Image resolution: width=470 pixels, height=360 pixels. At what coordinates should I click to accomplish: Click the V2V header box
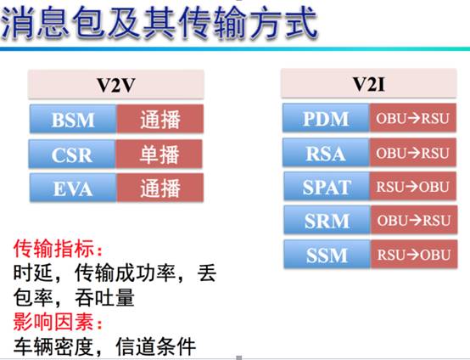[x=116, y=85]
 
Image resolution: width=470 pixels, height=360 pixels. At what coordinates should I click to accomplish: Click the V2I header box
[x=369, y=84]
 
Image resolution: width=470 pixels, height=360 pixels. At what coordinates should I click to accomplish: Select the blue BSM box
[x=73, y=119]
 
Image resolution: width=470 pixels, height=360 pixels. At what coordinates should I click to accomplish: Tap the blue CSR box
[x=72, y=154]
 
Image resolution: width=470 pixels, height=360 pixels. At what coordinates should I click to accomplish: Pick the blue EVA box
[x=73, y=188]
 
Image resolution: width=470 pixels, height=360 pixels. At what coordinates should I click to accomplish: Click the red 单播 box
[x=159, y=154]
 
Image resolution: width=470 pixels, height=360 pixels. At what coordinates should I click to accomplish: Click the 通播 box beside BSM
[x=160, y=119]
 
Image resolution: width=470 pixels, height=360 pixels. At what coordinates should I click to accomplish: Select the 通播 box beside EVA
[x=160, y=188]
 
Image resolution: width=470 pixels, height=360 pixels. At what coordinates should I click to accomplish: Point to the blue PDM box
[x=326, y=118]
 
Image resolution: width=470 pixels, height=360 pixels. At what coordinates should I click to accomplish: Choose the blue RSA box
[x=326, y=153]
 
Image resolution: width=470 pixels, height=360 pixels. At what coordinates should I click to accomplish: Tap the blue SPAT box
[x=327, y=186]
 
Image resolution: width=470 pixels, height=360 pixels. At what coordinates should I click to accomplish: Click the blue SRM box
[x=327, y=220]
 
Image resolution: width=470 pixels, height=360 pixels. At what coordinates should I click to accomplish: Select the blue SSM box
[x=327, y=254]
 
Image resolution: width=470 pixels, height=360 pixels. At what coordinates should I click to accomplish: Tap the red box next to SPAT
[x=413, y=186]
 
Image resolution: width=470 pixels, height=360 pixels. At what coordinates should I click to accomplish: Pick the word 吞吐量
[x=104, y=298]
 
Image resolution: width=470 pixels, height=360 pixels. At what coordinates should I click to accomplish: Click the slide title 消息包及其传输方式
[x=159, y=24]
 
